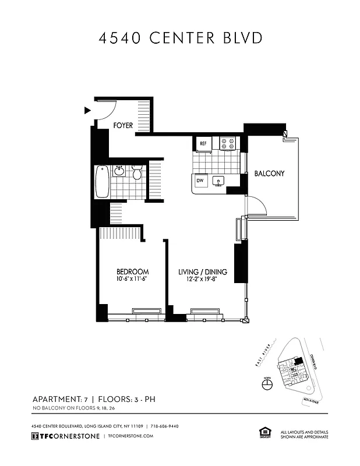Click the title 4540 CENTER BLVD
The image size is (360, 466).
[180, 38]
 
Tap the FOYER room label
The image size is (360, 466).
[123, 125]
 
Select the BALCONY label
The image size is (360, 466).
[269, 174]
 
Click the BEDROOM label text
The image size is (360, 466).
[132, 271]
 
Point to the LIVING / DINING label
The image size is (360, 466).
[202, 272]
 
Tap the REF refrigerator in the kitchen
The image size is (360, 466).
[203, 143]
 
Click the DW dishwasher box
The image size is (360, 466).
[200, 181]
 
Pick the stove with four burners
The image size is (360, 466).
[227, 143]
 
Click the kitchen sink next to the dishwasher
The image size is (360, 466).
[218, 182]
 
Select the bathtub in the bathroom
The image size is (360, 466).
[102, 181]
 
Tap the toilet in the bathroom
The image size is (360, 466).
[137, 172]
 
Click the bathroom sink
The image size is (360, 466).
[119, 171]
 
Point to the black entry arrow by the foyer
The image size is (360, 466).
[87, 110]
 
